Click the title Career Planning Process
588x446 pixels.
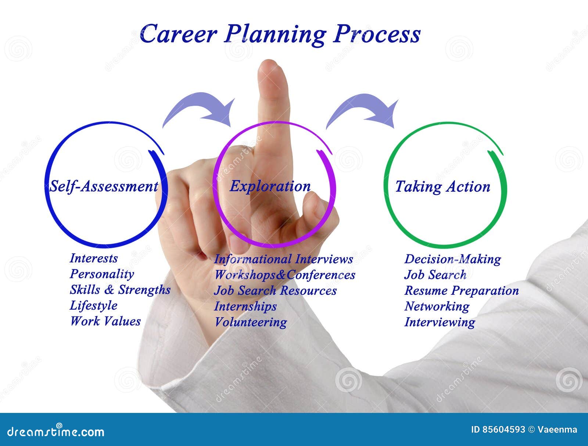coord(280,35)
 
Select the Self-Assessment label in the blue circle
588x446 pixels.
coord(104,186)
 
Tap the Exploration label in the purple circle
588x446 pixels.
coord(270,186)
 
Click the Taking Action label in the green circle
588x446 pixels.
coord(442,187)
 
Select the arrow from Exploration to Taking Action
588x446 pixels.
coord(364,109)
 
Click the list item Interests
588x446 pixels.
coord(94,258)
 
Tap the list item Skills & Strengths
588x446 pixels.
coord(120,290)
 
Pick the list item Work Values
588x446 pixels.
coord(105,321)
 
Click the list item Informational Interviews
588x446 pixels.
coord(283,259)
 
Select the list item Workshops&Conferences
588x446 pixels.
coord(284,275)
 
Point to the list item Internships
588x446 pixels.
coord(245,306)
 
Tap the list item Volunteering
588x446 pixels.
coord(251,322)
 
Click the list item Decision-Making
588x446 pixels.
coord(452,259)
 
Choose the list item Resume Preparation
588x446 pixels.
coord(462,290)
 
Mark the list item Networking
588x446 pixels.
coord(437,306)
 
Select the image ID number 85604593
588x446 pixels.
coord(503,429)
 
